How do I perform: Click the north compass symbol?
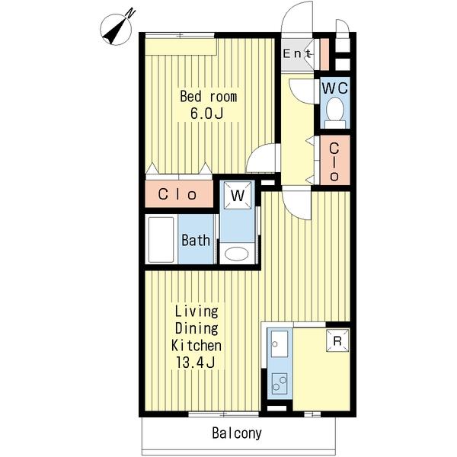tap(116, 30)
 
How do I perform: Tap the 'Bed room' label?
tap(208, 97)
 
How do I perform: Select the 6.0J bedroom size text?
tap(206, 113)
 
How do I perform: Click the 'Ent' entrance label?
tap(297, 54)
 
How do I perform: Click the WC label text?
tap(335, 88)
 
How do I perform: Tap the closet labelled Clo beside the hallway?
tap(334, 160)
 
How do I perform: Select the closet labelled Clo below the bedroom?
tap(179, 193)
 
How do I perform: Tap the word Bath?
tap(196, 241)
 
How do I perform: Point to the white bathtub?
tap(161, 239)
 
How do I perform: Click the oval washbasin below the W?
tap(236, 254)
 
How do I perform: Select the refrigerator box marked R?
tap(337, 340)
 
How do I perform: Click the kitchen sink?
tap(280, 344)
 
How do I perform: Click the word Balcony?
tap(237, 433)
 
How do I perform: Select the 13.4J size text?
tap(195, 363)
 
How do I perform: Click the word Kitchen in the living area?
tap(196, 346)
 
